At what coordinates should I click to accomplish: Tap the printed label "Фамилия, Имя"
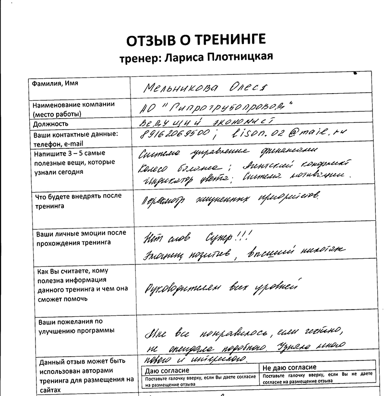click(x=55, y=84)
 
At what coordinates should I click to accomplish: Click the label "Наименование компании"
click(x=73, y=105)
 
